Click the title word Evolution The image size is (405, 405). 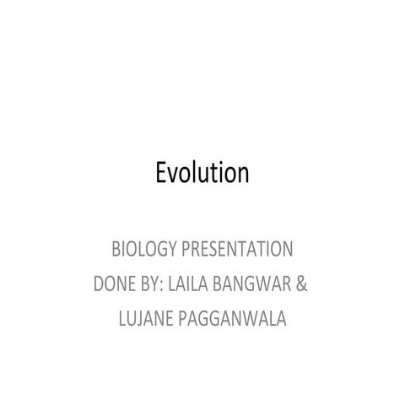[202, 172]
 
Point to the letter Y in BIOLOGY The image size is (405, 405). [173, 250]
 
